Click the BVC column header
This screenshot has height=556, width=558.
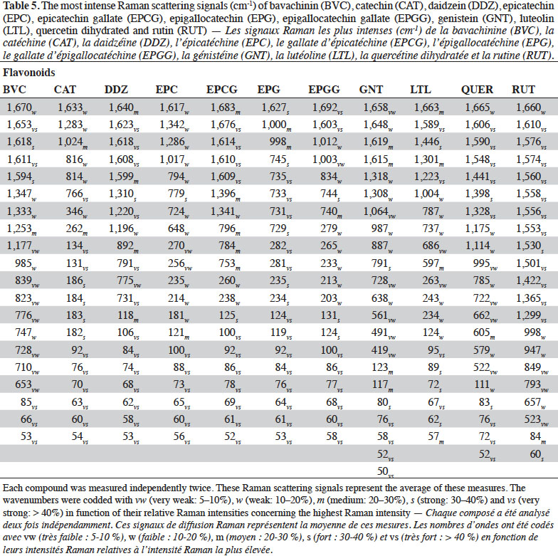pyautogui.click(x=14, y=90)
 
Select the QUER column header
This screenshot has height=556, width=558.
pyautogui.click(x=477, y=90)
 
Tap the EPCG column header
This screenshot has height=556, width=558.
pyautogui.click(x=222, y=90)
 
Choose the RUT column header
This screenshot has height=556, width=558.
pyautogui.click(x=523, y=90)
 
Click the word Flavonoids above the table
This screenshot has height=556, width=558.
pyautogui.click(x=28, y=73)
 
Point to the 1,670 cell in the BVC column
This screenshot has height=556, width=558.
pyautogui.click(x=21, y=107)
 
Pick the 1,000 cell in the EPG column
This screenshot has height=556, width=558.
pyautogui.click(x=276, y=125)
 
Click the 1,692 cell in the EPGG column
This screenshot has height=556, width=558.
pyautogui.click(x=327, y=107)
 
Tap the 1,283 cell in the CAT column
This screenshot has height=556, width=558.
pyautogui.click(x=73, y=125)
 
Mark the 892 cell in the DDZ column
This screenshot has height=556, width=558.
pyautogui.click(x=128, y=246)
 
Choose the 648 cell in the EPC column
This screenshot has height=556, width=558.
pyautogui.click(x=179, y=229)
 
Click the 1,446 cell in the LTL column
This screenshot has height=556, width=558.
pyautogui.click(x=428, y=142)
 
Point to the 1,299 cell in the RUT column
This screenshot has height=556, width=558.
pyautogui.click(x=531, y=315)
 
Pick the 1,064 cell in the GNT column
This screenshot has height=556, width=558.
pyautogui.click(x=379, y=212)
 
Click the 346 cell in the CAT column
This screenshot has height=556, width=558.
pyautogui.click(x=77, y=212)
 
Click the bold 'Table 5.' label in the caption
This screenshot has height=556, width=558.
pyautogui.click(x=21, y=6)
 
